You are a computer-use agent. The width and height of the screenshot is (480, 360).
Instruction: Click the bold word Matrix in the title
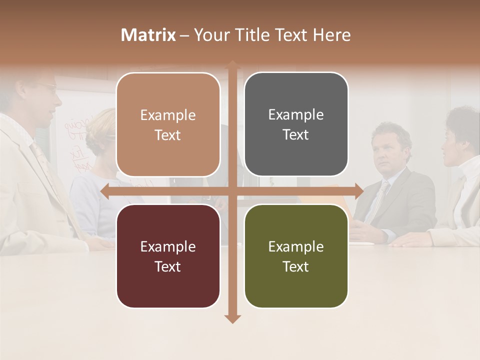click(x=148, y=35)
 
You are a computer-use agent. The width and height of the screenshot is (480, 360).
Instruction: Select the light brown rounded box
click(x=168, y=124)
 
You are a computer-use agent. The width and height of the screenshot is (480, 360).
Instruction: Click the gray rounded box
click(x=296, y=124)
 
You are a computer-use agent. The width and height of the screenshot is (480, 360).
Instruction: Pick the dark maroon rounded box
click(x=168, y=256)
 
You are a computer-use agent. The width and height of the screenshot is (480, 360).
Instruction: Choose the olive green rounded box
click(x=296, y=256)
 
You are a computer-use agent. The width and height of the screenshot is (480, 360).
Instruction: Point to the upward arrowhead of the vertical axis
click(x=232, y=64)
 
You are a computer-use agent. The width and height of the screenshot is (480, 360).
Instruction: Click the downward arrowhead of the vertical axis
click(x=232, y=318)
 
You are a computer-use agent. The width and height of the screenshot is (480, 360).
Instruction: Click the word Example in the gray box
click(x=296, y=114)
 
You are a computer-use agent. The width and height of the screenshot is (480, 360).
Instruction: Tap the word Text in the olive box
click(x=296, y=266)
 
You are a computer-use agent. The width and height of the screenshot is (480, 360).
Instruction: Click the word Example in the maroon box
click(x=168, y=246)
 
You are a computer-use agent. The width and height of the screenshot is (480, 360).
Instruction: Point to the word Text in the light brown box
click(x=168, y=135)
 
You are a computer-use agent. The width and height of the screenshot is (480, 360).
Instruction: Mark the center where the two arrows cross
click(x=232, y=191)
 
